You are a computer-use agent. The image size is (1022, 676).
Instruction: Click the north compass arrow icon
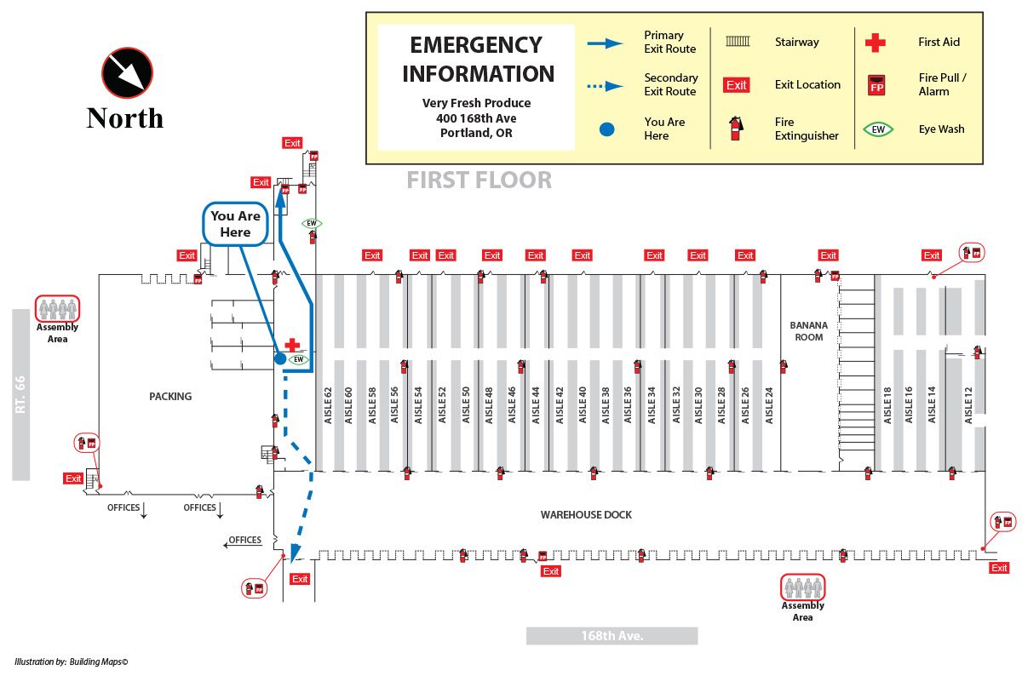127,73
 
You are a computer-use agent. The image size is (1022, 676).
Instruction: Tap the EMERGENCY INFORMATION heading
477,59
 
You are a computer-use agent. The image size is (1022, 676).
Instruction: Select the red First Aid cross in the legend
875,42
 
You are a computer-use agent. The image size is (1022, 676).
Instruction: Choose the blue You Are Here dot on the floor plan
280,359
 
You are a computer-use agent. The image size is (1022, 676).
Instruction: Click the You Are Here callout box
236,224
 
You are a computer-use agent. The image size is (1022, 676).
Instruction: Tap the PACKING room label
170,396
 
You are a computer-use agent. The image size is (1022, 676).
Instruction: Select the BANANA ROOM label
808,331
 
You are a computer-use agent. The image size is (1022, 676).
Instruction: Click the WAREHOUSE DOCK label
586,515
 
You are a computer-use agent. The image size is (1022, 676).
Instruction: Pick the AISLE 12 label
967,404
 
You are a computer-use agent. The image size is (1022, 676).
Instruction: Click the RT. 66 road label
21,394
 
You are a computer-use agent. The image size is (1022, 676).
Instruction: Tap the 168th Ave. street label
611,636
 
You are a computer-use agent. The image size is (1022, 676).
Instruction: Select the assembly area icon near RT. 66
57,308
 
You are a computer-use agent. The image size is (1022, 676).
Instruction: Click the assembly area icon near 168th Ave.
803,587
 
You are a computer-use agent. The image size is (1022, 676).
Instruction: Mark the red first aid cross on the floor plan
292,345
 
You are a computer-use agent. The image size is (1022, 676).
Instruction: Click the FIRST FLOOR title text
479,180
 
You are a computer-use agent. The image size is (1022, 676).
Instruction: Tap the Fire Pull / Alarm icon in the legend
876,85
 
